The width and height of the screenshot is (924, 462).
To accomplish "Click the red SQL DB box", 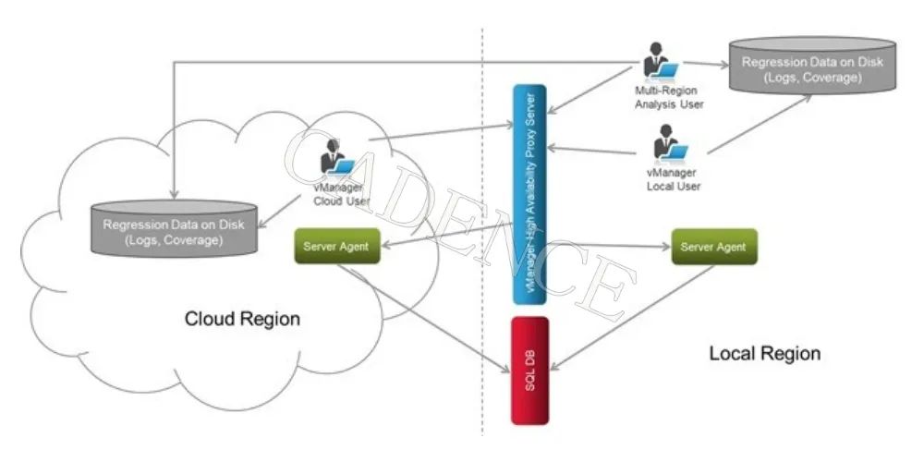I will [529, 371].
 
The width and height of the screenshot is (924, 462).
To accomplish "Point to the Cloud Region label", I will [242, 320].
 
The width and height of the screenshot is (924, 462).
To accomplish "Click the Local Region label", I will [764, 353].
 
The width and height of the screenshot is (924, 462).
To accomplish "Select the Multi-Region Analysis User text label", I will [669, 98].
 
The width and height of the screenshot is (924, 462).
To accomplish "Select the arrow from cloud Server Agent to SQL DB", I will [425, 319].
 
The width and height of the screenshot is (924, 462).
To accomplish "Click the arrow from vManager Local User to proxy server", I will [596, 150].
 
